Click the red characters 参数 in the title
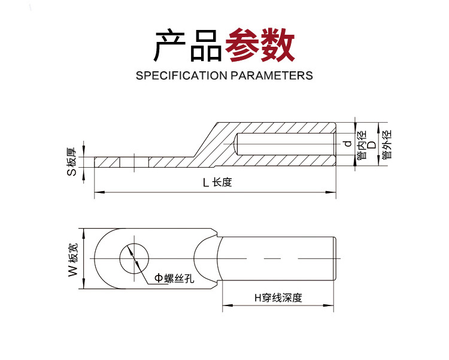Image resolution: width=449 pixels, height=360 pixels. point(260,45)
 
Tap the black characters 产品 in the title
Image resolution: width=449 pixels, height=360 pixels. point(188,45)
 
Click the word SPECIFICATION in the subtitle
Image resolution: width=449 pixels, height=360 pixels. point(181,75)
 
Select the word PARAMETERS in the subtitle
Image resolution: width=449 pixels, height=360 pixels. point(272,75)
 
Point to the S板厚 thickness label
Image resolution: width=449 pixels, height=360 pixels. point(72,162)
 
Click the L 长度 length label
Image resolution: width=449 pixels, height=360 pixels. point(217,182)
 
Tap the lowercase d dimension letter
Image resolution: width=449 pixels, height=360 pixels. point(348,143)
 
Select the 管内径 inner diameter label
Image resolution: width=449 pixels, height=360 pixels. point(362,145)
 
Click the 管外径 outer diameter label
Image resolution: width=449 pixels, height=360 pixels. point(387,144)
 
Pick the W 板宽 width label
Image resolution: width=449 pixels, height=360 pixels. point(73,260)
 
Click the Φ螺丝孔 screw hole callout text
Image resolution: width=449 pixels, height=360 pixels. point(174,278)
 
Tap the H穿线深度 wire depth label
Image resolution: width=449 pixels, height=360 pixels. point(278,298)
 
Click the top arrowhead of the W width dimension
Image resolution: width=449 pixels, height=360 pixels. point(84,233)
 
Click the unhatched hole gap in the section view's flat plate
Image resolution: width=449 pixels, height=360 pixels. point(134,162)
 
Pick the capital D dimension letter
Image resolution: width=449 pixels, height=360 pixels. point(372,145)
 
